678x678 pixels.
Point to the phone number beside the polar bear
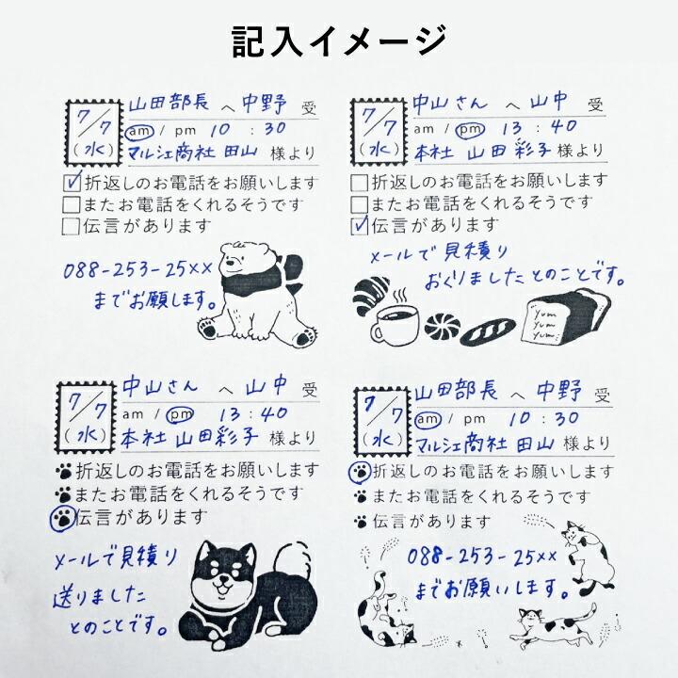(139, 270)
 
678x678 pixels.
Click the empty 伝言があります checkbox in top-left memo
(71, 225)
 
